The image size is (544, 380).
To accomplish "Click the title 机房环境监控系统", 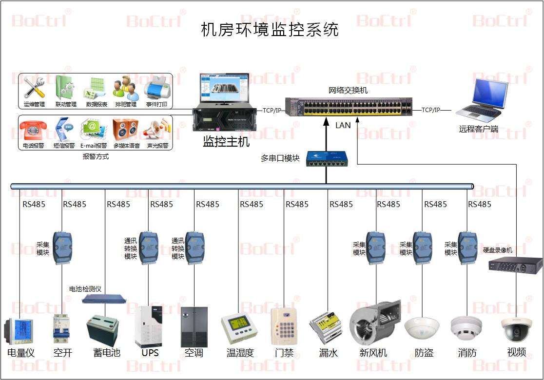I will pos(270,30).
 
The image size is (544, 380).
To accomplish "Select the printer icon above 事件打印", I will pos(156,88).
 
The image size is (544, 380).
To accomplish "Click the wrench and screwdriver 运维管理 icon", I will pos(34,88).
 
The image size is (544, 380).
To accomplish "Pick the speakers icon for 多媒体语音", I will pos(126,130).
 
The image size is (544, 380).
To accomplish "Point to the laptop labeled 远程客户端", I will pos(480,100).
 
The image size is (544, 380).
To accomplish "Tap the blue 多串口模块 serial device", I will pos(326,159).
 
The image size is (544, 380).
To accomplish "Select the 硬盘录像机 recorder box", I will pos(515,265).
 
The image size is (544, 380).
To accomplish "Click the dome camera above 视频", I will pos(516,329).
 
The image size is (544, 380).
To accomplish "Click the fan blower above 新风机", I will pos(374,324).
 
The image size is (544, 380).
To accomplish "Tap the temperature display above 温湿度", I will pos(239,325).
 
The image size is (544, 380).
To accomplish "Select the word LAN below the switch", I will pos(343,125).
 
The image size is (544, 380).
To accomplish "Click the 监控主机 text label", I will pos(226,142).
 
